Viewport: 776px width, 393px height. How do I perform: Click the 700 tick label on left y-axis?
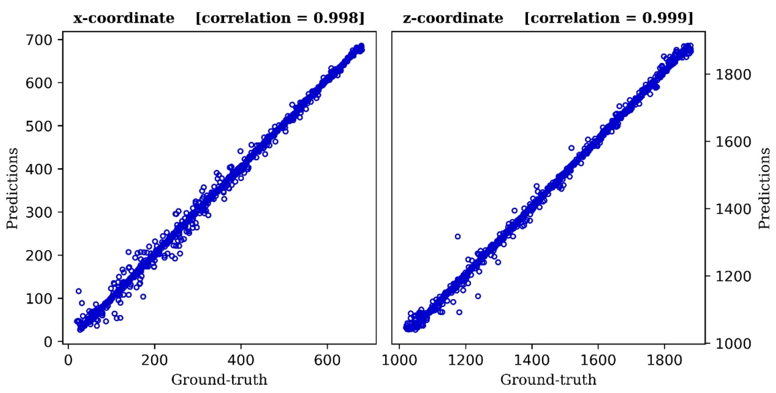(39, 40)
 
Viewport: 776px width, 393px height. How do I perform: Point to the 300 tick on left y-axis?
(39, 212)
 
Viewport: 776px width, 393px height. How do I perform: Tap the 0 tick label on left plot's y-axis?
(48, 342)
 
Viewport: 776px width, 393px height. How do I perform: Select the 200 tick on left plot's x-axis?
(154, 360)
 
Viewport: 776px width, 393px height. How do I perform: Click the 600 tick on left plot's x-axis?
(327, 360)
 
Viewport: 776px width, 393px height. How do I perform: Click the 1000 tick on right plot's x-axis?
(399, 360)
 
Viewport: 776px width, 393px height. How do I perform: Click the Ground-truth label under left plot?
(219, 380)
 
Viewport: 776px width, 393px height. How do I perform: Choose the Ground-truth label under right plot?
(548, 380)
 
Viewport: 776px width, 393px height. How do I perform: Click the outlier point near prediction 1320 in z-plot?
(458, 236)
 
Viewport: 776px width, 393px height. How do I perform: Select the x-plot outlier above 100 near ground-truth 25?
(79, 291)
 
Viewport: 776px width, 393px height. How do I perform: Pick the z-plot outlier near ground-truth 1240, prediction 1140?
(478, 296)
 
